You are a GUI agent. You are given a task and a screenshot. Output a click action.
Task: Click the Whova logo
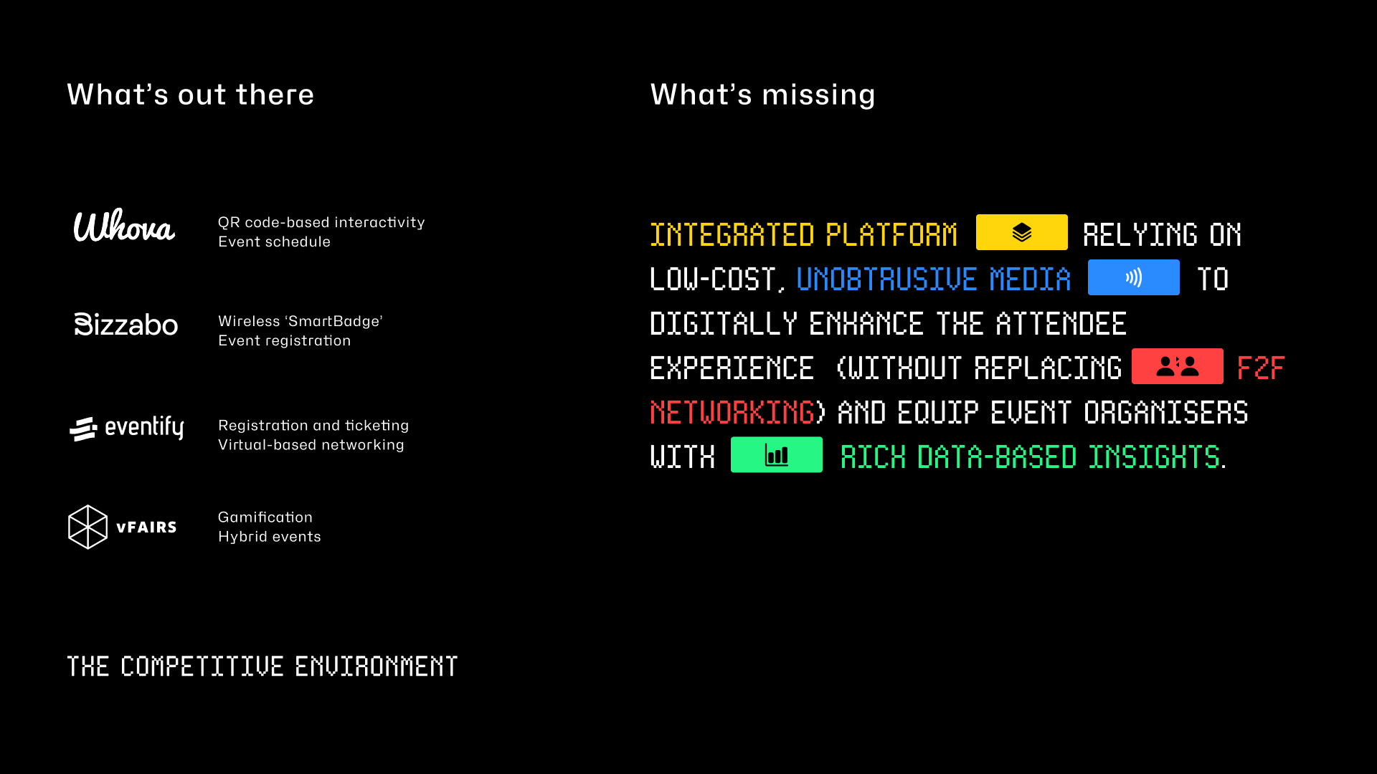tap(124, 226)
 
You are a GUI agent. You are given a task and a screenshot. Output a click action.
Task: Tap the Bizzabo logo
tap(126, 325)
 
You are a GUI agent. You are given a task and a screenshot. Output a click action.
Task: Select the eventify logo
tap(126, 428)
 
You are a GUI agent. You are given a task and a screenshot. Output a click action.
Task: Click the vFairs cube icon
tap(87, 527)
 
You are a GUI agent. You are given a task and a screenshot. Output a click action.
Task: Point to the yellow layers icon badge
tap(1021, 232)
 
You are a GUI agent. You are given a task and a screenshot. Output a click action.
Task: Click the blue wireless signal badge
tap(1133, 277)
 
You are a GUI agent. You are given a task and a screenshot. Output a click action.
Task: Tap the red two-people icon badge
tap(1177, 366)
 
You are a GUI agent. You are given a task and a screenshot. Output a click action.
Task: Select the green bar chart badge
tap(776, 454)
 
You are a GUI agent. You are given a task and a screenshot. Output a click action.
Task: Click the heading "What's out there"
tap(191, 95)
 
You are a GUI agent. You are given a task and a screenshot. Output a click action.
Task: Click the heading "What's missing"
tap(762, 95)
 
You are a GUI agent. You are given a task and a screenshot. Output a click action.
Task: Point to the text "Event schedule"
tap(274, 242)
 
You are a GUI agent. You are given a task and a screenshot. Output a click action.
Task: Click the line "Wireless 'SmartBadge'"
tap(301, 321)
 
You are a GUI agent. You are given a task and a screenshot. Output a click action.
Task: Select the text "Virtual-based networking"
tap(311, 445)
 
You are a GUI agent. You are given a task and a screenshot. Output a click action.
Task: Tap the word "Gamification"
tap(265, 517)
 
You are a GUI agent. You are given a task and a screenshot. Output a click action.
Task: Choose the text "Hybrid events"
tap(270, 537)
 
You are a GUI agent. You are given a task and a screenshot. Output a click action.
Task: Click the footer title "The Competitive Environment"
tap(262, 666)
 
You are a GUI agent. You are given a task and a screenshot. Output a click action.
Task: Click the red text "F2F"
tap(1261, 368)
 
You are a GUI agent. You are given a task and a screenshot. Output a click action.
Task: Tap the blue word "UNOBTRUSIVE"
tap(886, 279)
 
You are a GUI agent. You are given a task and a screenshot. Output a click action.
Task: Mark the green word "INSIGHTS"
tap(1154, 457)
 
